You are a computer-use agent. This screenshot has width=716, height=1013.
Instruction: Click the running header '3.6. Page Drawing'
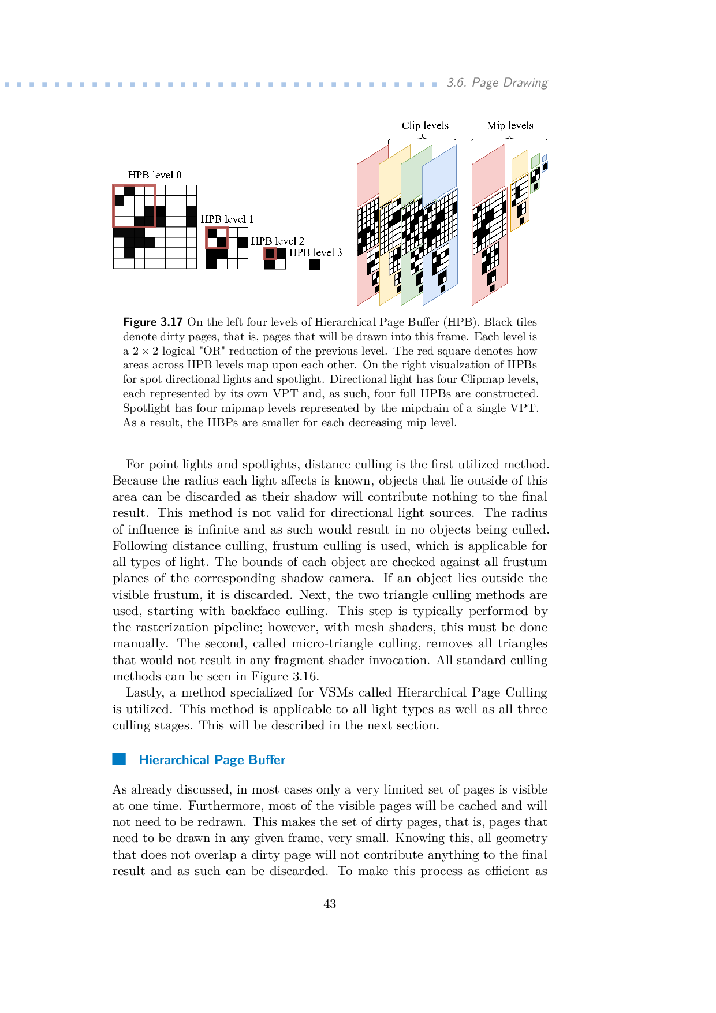pyautogui.click(x=497, y=83)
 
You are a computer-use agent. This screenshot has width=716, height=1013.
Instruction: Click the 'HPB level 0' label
pyautogui.click(x=155, y=175)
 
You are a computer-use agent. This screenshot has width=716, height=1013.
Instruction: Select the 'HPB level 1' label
pyautogui.click(x=227, y=219)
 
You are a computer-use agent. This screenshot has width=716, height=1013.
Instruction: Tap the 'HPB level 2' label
pyautogui.click(x=278, y=241)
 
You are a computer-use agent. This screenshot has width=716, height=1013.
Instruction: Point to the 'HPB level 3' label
pyautogui.click(x=316, y=252)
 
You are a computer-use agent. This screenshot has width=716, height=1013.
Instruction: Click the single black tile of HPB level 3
pyautogui.click(x=315, y=265)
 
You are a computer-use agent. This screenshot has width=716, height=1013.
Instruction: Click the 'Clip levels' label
pyautogui.click(x=425, y=126)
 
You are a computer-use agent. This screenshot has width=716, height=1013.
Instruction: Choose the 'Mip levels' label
pyautogui.click(x=510, y=126)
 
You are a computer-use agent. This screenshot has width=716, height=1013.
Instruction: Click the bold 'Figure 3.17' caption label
pyautogui.click(x=153, y=322)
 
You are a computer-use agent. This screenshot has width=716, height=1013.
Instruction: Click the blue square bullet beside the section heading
pyautogui.click(x=119, y=759)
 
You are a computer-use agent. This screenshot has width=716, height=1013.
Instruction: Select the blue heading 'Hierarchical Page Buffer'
pyautogui.click(x=212, y=760)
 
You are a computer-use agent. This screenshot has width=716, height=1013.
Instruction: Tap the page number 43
pyautogui.click(x=330, y=904)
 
